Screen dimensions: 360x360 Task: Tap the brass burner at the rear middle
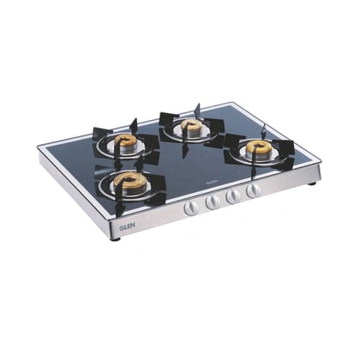point(191,127)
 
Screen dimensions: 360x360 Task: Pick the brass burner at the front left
point(130,182)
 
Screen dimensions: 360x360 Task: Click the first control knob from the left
point(192,207)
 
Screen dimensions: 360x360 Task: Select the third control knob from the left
point(234,196)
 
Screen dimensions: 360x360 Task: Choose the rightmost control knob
point(253,190)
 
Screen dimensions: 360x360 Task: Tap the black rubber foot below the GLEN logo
point(114,237)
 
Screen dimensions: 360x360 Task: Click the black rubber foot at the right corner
point(311,183)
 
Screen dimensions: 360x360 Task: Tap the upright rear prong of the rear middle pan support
point(197,111)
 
